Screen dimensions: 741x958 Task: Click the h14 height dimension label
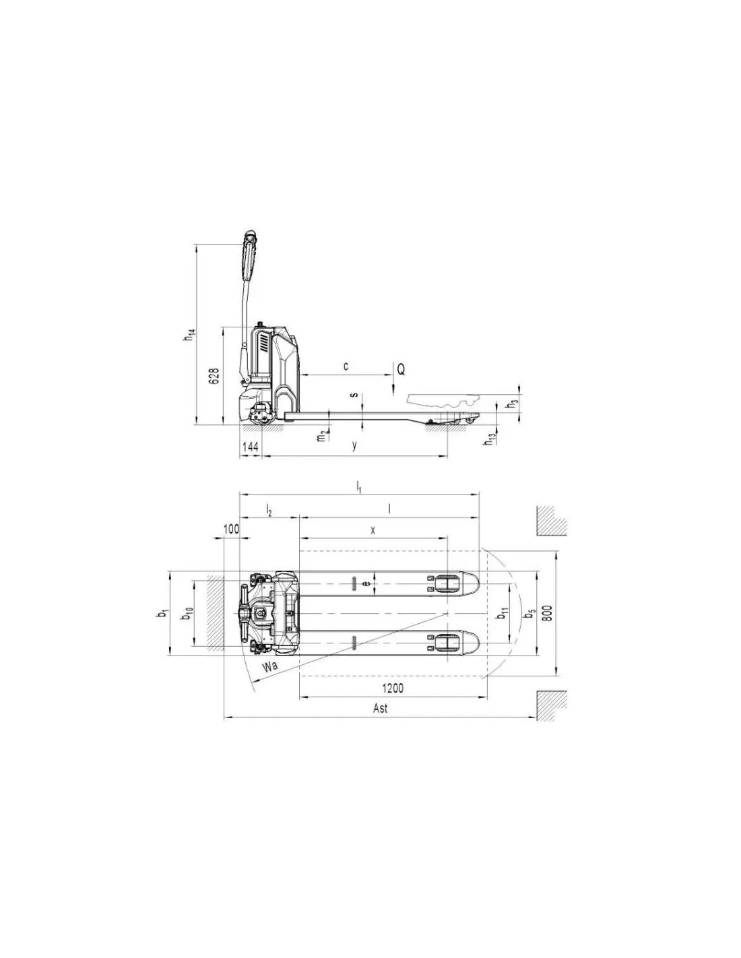[189, 335]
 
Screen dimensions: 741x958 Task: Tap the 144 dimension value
[250, 447]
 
